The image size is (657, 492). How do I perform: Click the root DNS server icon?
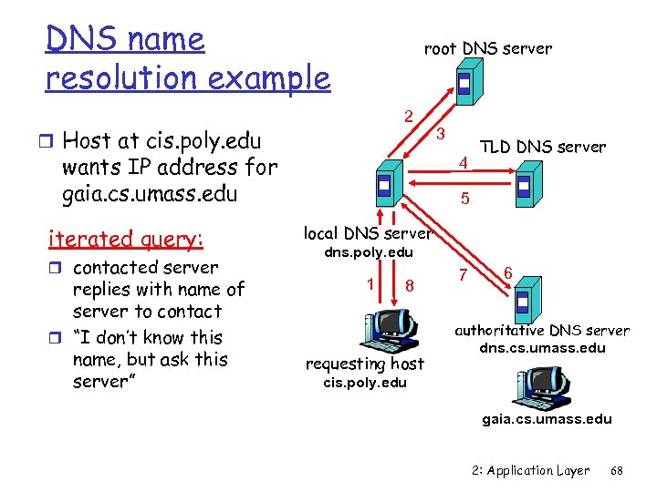[465, 84]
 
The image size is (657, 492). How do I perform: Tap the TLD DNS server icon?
[525, 185]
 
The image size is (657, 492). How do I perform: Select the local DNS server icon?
[386, 188]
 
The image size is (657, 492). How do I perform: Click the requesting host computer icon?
[390, 329]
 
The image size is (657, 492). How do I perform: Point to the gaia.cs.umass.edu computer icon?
[547, 383]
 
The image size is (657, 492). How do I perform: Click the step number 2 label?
[410, 116]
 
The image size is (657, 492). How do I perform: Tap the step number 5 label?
[465, 196]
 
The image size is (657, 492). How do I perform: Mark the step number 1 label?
[370, 282]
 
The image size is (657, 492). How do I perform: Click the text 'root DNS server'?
[487, 48]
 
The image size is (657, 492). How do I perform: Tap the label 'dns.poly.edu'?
[370, 252]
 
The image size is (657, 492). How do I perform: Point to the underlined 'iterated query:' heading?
[126, 239]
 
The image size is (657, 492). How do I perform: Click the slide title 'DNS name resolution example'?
[187, 59]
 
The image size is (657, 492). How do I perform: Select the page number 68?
[617, 471]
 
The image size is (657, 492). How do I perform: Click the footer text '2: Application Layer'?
[531, 471]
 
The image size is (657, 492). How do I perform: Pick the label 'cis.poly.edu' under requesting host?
[365, 383]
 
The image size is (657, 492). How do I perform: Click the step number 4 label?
[464, 164]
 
